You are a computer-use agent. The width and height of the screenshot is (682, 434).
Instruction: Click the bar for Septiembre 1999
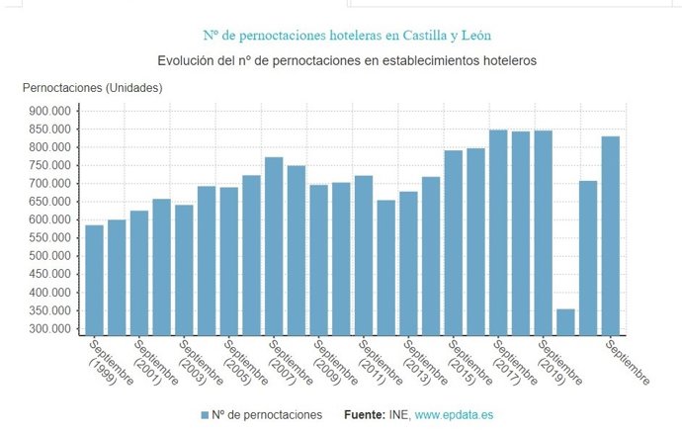point(94,280)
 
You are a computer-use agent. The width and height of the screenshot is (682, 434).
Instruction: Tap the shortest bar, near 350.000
point(565,322)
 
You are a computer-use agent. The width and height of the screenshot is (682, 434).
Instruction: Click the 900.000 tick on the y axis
point(49,111)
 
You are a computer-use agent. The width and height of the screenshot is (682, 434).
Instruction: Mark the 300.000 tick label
point(49,328)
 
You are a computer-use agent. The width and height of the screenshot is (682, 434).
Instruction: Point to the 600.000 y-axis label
point(49,219)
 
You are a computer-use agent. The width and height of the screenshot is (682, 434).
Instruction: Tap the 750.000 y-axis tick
point(49,165)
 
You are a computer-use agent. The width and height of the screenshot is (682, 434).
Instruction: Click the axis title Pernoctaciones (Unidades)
point(92,88)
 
